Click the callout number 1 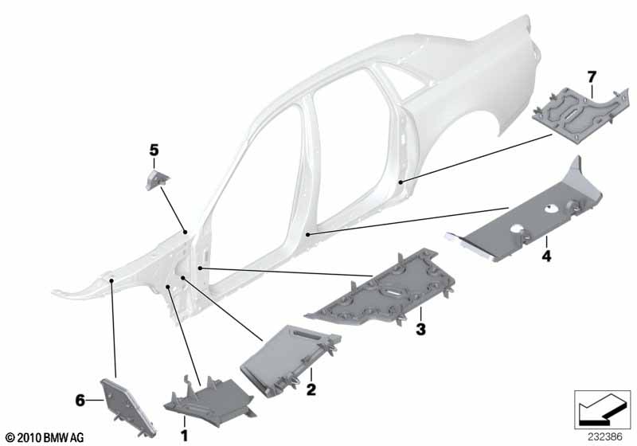point(185,436)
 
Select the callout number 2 point(311,390)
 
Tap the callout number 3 point(420,329)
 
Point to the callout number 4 point(547,256)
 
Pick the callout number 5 point(154,151)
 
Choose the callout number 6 point(80,401)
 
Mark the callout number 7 point(592,76)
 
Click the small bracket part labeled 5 point(157,179)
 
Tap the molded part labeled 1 point(209,401)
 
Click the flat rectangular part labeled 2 point(289,358)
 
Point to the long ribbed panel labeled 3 point(382,291)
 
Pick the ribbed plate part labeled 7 point(580,115)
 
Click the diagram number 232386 point(605,437)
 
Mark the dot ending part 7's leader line point(401,182)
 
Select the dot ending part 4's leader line point(308,235)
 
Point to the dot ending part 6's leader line point(111,280)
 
